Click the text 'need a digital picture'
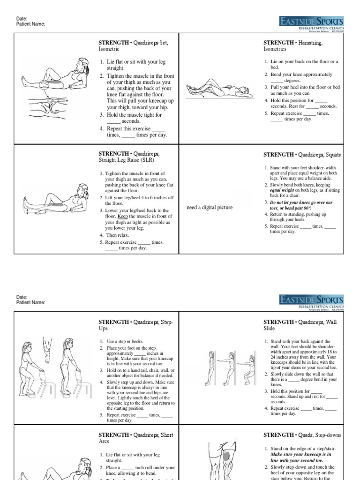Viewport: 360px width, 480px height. pos(209,207)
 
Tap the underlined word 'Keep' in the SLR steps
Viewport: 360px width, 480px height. pos(123,216)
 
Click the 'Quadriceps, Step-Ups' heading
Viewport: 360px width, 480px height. pos(135,325)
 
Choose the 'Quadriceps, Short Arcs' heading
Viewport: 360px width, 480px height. pos(135,438)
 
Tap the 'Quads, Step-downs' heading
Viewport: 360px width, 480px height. pos(302,435)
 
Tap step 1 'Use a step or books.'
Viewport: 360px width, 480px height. pos(124,341)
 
